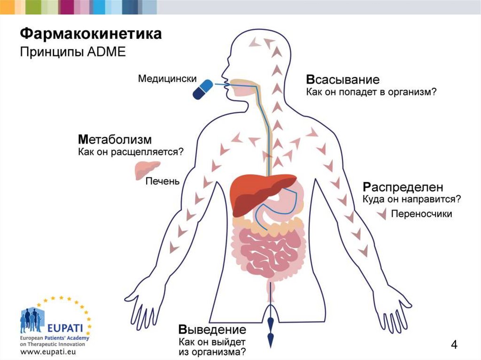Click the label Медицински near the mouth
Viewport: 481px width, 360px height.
(x=167, y=79)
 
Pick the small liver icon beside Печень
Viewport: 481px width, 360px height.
(x=147, y=170)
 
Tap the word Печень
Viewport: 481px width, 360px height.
(x=162, y=181)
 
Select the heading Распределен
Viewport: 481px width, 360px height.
(x=403, y=187)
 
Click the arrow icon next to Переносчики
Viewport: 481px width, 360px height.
(x=383, y=214)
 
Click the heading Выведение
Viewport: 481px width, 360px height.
(x=212, y=329)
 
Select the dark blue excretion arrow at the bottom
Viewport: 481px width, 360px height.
(x=271, y=329)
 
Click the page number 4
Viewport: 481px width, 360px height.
(x=454, y=345)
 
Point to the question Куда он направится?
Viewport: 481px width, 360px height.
(x=411, y=199)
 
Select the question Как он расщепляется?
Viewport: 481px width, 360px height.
(x=130, y=152)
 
